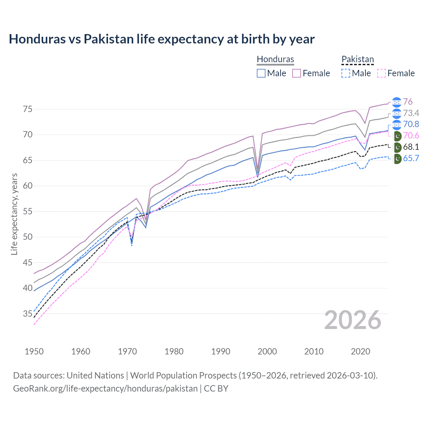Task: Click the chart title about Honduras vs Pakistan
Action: click(162, 39)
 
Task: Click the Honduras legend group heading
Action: click(275, 59)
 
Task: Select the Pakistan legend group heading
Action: click(357, 59)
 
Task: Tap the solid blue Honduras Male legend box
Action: click(261, 73)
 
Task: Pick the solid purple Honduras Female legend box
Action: click(297, 73)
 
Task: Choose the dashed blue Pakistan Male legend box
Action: click(346, 73)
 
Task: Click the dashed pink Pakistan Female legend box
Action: click(381, 73)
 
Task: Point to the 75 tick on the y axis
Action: click(27, 109)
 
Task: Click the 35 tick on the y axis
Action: click(27, 314)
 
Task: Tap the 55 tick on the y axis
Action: click(27, 211)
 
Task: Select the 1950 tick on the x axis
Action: click(34, 351)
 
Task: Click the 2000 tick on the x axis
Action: click(267, 351)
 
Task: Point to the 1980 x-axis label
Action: click(174, 351)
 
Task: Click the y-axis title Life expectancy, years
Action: click(14, 214)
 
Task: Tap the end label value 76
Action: click(408, 102)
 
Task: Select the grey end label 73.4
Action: click(411, 113)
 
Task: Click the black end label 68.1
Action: click(411, 147)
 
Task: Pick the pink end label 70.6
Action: click(411, 135)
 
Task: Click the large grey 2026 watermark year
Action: click(352, 320)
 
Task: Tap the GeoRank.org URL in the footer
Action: click(105, 389)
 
